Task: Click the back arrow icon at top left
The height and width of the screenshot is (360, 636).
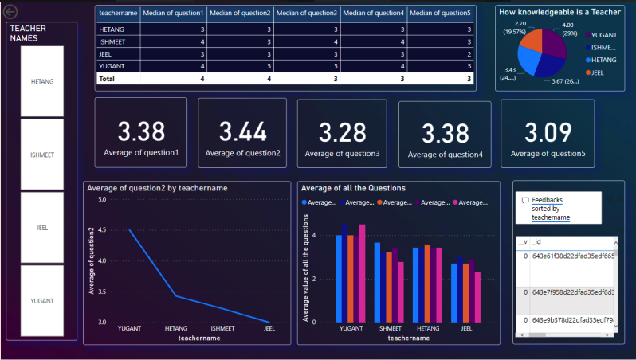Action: tap(10, 12)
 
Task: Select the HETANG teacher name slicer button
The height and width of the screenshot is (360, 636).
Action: tap(41, 81)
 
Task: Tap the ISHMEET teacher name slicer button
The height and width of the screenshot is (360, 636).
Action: tap(41, 155)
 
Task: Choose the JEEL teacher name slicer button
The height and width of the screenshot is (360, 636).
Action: tap(41, 227)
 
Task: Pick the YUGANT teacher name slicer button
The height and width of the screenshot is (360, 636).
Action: tap(41, 300)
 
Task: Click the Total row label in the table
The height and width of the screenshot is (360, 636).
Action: tap(106, 79)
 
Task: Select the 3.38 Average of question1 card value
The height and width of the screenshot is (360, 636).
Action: tap(141, 130)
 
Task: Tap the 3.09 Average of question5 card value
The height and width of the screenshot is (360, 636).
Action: tap(547, 131)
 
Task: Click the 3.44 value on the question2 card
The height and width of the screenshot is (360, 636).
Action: tap(242, 131)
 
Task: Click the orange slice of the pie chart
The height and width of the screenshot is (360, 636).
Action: tap(530, 42)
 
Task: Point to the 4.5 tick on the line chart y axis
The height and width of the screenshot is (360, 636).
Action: tap(101, 230)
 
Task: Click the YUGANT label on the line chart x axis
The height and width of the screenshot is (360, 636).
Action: tap(130, 328)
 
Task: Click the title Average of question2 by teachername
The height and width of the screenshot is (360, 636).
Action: tap(157, 188)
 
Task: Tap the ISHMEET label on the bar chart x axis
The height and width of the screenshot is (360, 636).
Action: tap(389, 328)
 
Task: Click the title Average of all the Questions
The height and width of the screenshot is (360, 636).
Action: tap(353, 188)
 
